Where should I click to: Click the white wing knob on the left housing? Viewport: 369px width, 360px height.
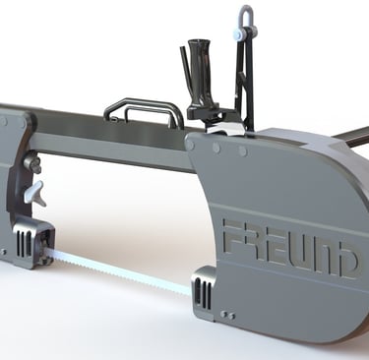click(x=34, y=192)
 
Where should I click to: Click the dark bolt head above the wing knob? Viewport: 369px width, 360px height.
click(x=32, y=162)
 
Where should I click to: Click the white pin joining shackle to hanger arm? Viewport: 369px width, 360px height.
click(x=240, y=34)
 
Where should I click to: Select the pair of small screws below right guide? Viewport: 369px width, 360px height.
click(x=227, y=315)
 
